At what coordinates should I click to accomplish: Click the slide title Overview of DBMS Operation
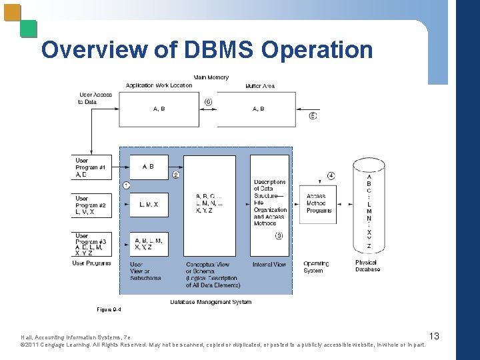[207, 50]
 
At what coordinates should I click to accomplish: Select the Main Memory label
[211, 77]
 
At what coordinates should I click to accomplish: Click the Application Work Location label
[159, 85]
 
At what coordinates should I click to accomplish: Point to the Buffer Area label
[260, 85]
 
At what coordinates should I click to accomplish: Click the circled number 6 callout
[209, 101]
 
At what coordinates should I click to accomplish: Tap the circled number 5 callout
[313, 115]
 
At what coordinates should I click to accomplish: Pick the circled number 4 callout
[331, 176]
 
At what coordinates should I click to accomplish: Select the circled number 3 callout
[279, 235]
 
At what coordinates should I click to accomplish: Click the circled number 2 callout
[176, 175]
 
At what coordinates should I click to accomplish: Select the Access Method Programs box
[319, 203]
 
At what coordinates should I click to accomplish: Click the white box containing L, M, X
[149, 205]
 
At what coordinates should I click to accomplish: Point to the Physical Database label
[367, 266]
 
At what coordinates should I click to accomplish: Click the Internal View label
[269, 265]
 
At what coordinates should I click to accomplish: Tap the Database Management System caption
[211, 302]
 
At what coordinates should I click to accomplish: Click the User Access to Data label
[95, 98]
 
